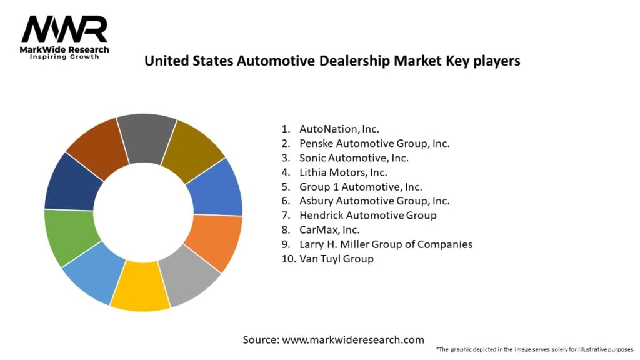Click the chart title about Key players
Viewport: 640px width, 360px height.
332,61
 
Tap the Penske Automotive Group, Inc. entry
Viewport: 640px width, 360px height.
374,143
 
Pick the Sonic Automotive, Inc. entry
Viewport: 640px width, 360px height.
354,157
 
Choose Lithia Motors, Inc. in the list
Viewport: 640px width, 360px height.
343,172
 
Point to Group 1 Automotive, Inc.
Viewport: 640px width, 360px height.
361,186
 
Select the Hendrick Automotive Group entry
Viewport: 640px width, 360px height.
367,215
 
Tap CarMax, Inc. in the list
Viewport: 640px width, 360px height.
329,229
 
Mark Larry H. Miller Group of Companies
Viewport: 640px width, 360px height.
386,244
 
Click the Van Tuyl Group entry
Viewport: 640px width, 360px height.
336,258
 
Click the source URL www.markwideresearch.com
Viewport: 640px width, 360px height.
352,340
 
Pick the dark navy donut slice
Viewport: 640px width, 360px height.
69,181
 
